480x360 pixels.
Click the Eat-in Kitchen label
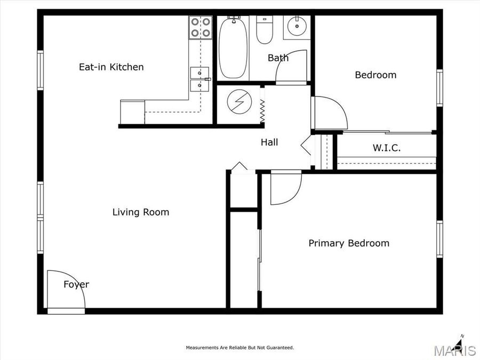tap(111, 67)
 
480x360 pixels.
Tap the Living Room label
tap(140, 212)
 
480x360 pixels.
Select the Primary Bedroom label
tap(349, 243)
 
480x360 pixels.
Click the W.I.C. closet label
tap(386, 148)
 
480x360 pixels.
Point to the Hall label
tap(269, 142)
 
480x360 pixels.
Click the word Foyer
tap(76, 284)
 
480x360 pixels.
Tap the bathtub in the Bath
tap(233, 47)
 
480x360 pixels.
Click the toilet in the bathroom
tap(264, 30)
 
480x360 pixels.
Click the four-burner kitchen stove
tap(201, 28)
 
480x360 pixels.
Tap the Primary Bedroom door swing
tap(284, 188)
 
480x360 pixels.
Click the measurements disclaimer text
tap(239, 348)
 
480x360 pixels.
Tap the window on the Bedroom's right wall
tap(439, 88)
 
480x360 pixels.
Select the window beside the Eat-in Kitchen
tap(40, 70)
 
